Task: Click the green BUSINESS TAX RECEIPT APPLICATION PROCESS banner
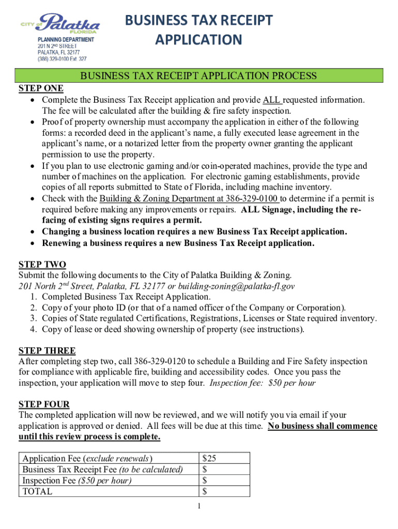click(198, 76)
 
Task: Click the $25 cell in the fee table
click(209, 458)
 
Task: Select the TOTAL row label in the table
click(37, 491)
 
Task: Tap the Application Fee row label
click(87, 458)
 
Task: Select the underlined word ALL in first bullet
click(271, 100)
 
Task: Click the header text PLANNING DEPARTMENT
click(66, 39)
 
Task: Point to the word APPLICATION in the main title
click(198, 40)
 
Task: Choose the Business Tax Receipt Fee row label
click(102, 470)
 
